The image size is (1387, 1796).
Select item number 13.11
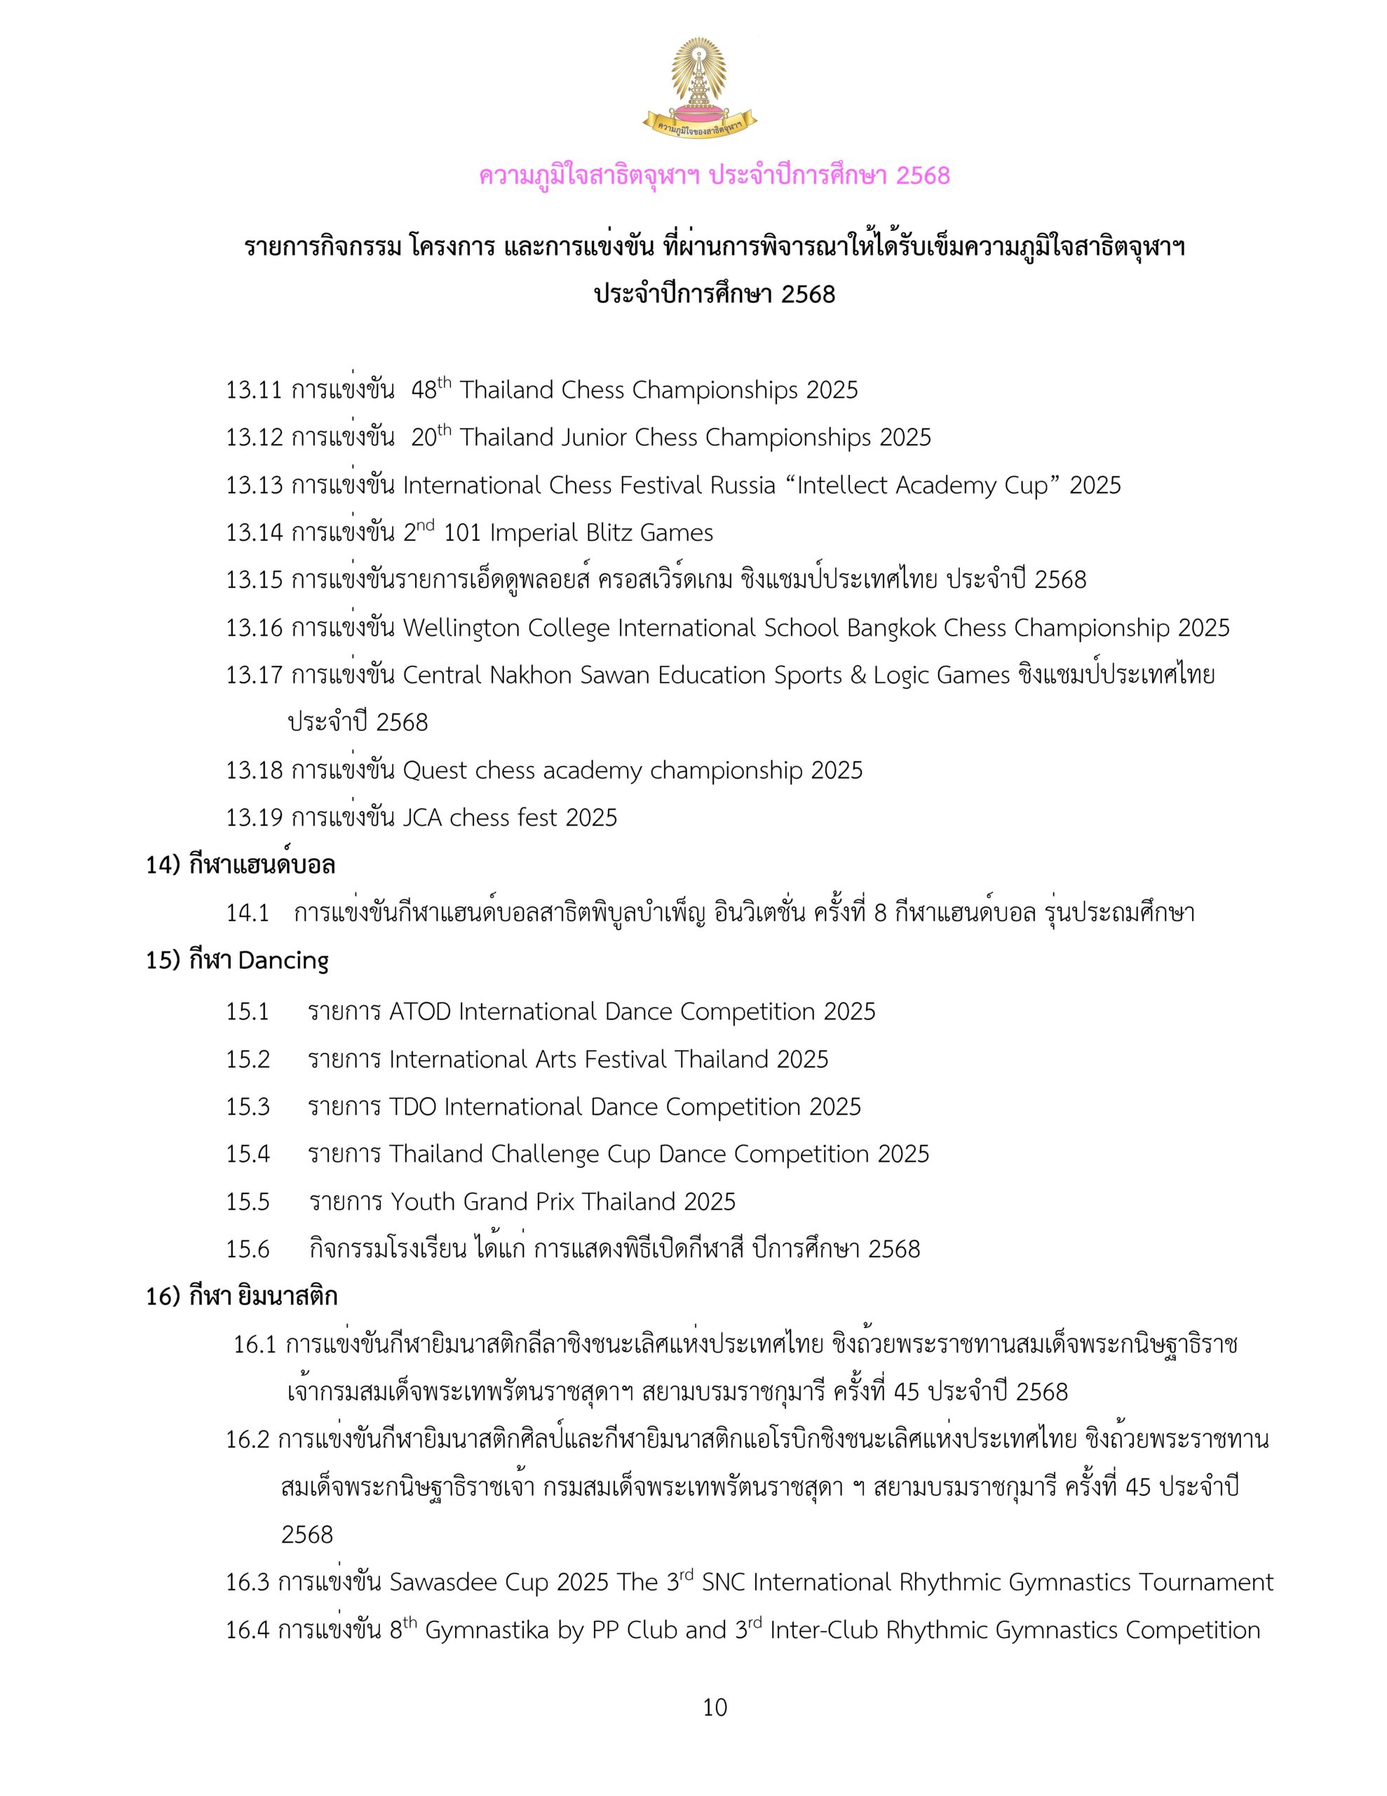253,390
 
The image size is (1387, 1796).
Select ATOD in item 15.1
420,1012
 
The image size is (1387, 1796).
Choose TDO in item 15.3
413,1107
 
